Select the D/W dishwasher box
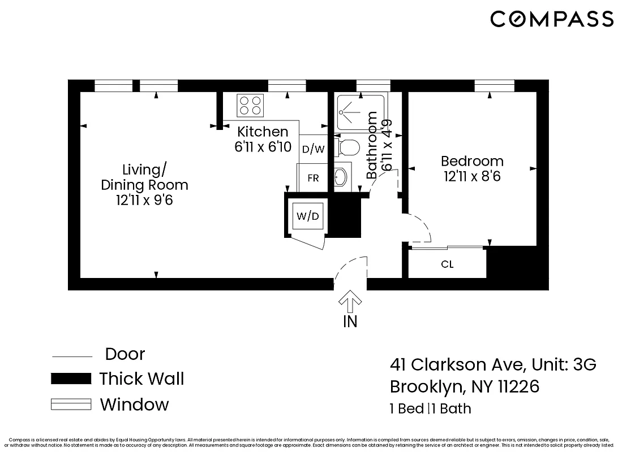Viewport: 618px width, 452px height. pyautogui.click(x=313, y=149)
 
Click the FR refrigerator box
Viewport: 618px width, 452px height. pyautogui.click(x=313, y=178)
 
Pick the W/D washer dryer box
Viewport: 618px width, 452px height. pyautogui.click(x=308, y=215)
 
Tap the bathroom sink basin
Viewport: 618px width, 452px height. pyautogui.click(x=341, y=178)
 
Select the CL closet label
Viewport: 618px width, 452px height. pyautogui.click(x=447, y=264)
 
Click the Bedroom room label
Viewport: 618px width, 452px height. pyautogui.click(x=472, y=162)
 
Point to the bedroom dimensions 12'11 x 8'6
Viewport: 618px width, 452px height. pyautogui.click(x=472, y=176)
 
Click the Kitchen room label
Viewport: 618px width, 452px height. pyautogui.click(x=263, y=132)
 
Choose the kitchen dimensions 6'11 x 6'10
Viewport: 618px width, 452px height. pyautogui.click(x=263, y=147)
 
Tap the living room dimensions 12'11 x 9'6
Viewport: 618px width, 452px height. pyautogui.click(x=144, y=199)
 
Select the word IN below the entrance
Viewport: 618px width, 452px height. pyautogui.click(x=350, y=322)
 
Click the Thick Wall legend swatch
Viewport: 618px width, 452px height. pyautogui.click(x=71, y=379)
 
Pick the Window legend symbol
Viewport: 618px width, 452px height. pyautogui.click(x=71, y=405)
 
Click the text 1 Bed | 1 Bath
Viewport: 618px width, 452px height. pyautogui.click(x=430, y=408)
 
